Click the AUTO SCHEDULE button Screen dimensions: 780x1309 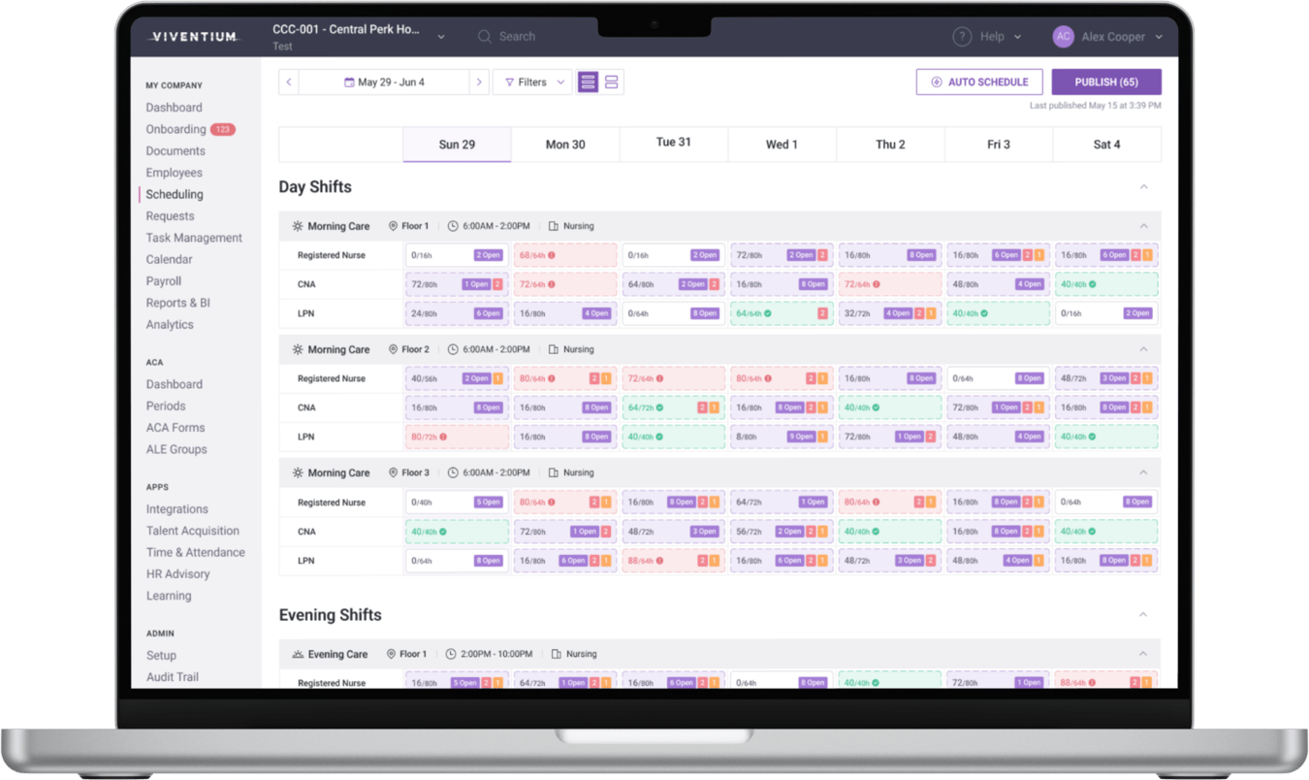click(979, 82)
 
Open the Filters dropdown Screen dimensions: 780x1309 click(533, 82)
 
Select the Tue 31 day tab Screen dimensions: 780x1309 click(673, 143)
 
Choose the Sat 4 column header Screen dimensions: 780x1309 click(1106, 145)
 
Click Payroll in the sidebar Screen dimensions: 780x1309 click(164, 281)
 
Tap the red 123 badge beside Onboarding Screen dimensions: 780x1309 click(223, 130)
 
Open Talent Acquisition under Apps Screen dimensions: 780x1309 click(192, 531)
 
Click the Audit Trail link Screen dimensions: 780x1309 click(173, 677)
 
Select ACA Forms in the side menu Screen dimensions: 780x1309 click(176, 428)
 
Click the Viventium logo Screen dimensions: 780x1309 click(194, 37)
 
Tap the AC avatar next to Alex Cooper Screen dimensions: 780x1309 click(1063, 37)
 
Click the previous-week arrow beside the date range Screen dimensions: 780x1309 click(289, 82)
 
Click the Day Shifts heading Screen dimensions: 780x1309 click(315, 187)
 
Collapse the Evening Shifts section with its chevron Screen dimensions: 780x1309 click(1143, 615)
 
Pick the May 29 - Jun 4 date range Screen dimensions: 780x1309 click(385, 82)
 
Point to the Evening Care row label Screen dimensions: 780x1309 click(337, 655)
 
